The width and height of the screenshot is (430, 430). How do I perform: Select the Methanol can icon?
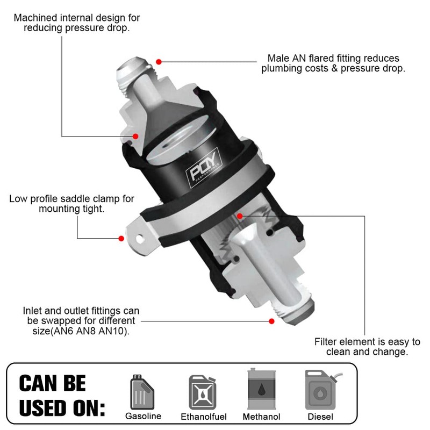261,389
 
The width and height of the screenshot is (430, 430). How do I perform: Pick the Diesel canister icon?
321,390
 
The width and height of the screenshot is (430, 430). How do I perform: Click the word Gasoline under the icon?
143,417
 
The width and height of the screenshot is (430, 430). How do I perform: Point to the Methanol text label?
261,417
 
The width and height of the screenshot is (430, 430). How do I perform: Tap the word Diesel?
320,417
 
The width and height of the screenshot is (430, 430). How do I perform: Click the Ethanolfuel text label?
204,417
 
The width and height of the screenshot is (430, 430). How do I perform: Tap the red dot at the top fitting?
159,60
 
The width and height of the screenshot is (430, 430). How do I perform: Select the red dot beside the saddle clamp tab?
121,237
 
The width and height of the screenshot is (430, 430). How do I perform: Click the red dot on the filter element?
240,216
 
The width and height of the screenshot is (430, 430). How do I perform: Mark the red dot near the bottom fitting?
272,321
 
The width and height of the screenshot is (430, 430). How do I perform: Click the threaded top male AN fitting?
135,73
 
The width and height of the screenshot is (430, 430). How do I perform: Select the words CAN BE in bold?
52,383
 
